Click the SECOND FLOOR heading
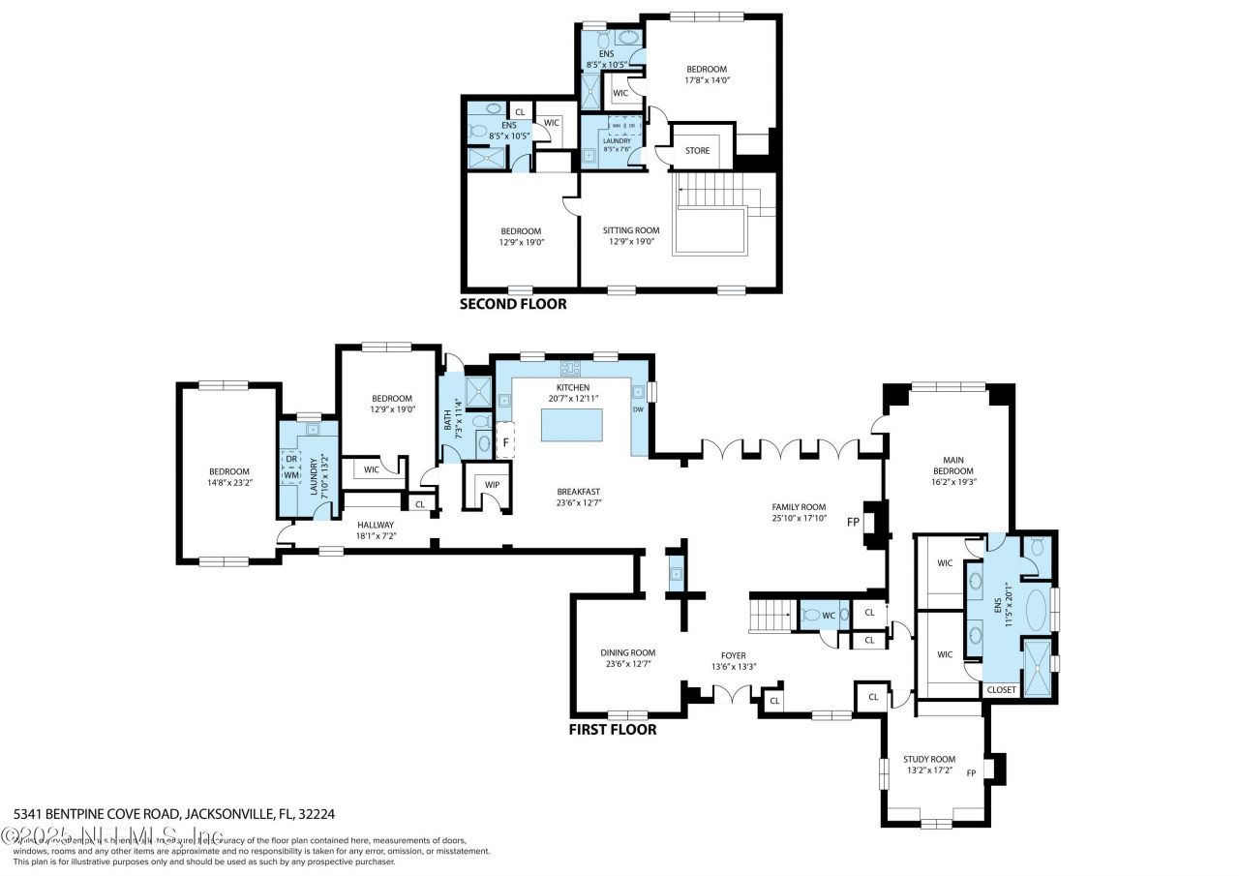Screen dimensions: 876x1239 (x=512, y=304)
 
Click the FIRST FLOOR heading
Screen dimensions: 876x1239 (x=612, y=730)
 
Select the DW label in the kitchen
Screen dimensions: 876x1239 (x=637, y=409)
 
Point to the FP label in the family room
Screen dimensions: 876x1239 (x=853, y=521)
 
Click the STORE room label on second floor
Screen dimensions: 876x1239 (x=697, y=151)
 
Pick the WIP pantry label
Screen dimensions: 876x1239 (x=493, y=484)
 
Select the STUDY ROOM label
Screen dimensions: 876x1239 (x=929, y=759)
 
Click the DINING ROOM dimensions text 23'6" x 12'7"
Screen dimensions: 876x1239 (x=627, y=664)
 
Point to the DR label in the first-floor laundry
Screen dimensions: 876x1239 (x=291, y=459)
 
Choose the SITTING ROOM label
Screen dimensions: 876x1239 (x=630, y=230)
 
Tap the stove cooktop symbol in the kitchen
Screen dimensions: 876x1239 (x=570, y=368)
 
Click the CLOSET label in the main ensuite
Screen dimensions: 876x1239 (x=1001, y=690)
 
